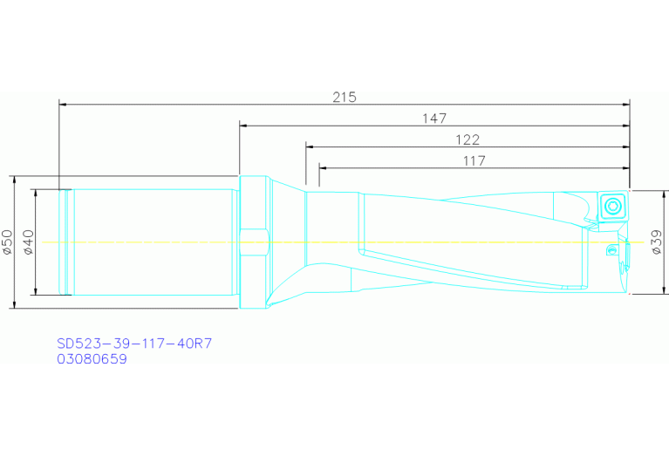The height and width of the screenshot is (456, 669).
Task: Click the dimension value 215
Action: [345, 97]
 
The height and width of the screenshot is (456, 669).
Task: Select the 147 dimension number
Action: [433, 118]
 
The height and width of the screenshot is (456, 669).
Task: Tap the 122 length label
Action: [468, 140]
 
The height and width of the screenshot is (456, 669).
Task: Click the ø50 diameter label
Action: [8, 242]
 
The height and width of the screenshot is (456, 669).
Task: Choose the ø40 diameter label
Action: [28, 242]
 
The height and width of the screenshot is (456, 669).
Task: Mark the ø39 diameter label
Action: [657, 242]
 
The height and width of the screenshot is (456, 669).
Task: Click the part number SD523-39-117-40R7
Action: [134, 344]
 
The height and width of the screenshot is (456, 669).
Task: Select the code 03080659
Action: [92, 358]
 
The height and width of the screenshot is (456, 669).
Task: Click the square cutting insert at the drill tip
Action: [614, 206]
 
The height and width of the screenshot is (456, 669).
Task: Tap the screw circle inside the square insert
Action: [614, 206]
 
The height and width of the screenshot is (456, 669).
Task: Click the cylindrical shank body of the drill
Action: [153, 242]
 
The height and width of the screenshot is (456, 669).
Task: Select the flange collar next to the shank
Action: [253, 242]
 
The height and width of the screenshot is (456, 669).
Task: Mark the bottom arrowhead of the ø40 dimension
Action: [35, 290]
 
